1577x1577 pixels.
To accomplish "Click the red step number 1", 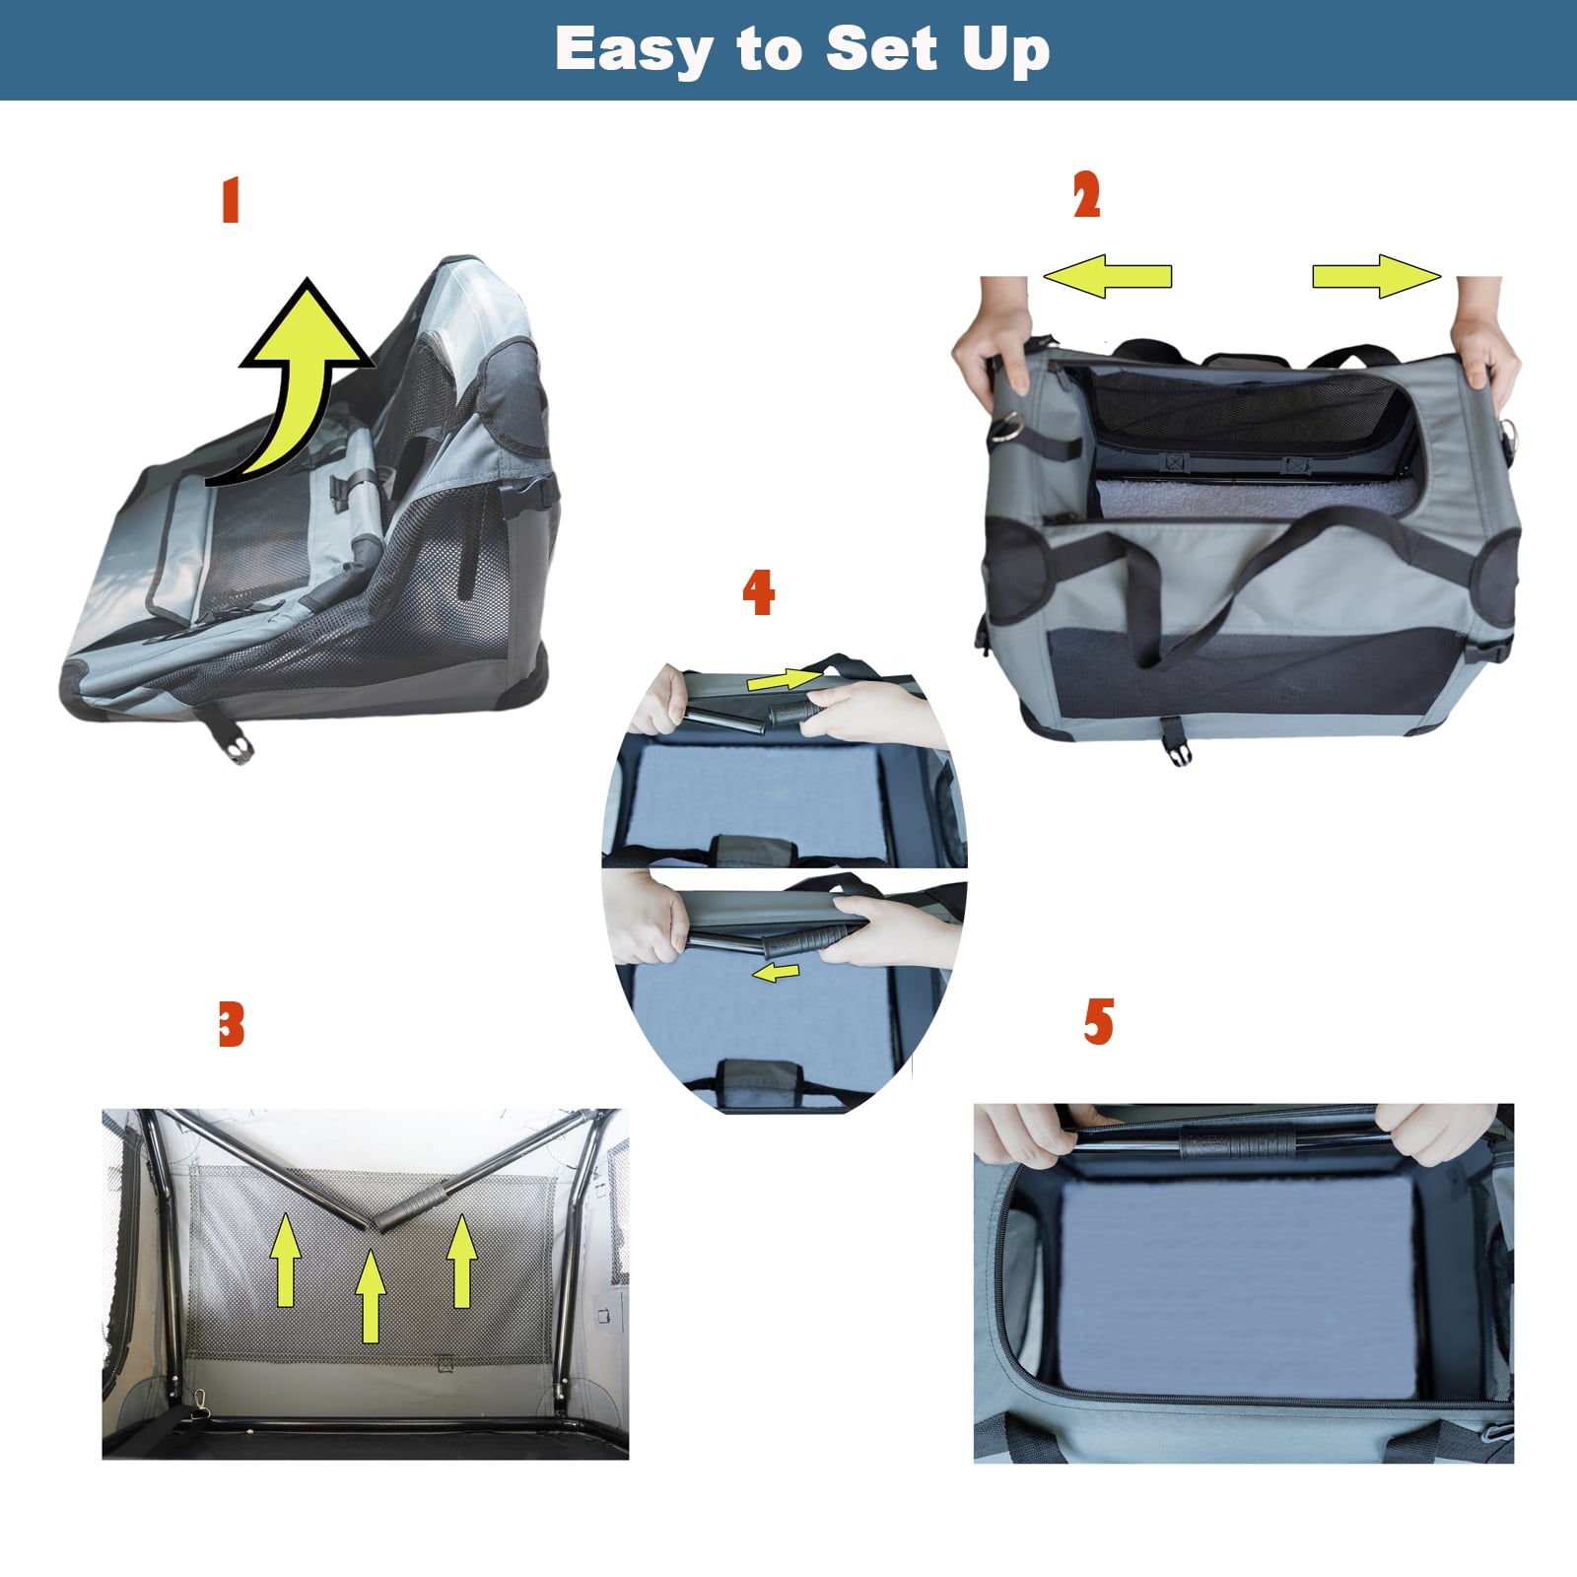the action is (231, 200).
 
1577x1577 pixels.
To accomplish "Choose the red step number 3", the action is (231, 1024).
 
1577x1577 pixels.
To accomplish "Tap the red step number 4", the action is (758, 592).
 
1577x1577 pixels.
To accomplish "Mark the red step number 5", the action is (1098, 1021).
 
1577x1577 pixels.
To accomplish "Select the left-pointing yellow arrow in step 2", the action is (1108, 276).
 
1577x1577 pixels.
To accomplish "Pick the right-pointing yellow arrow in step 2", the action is (1376, 276).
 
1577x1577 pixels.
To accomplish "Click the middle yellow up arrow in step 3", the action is (371, 1296).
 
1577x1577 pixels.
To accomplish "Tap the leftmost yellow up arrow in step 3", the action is (286, 1260).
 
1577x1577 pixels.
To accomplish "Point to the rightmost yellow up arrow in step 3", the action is (462, 1261).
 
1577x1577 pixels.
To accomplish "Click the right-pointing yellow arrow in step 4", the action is (784, 679).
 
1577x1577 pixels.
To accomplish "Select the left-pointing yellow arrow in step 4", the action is (776, 973).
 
